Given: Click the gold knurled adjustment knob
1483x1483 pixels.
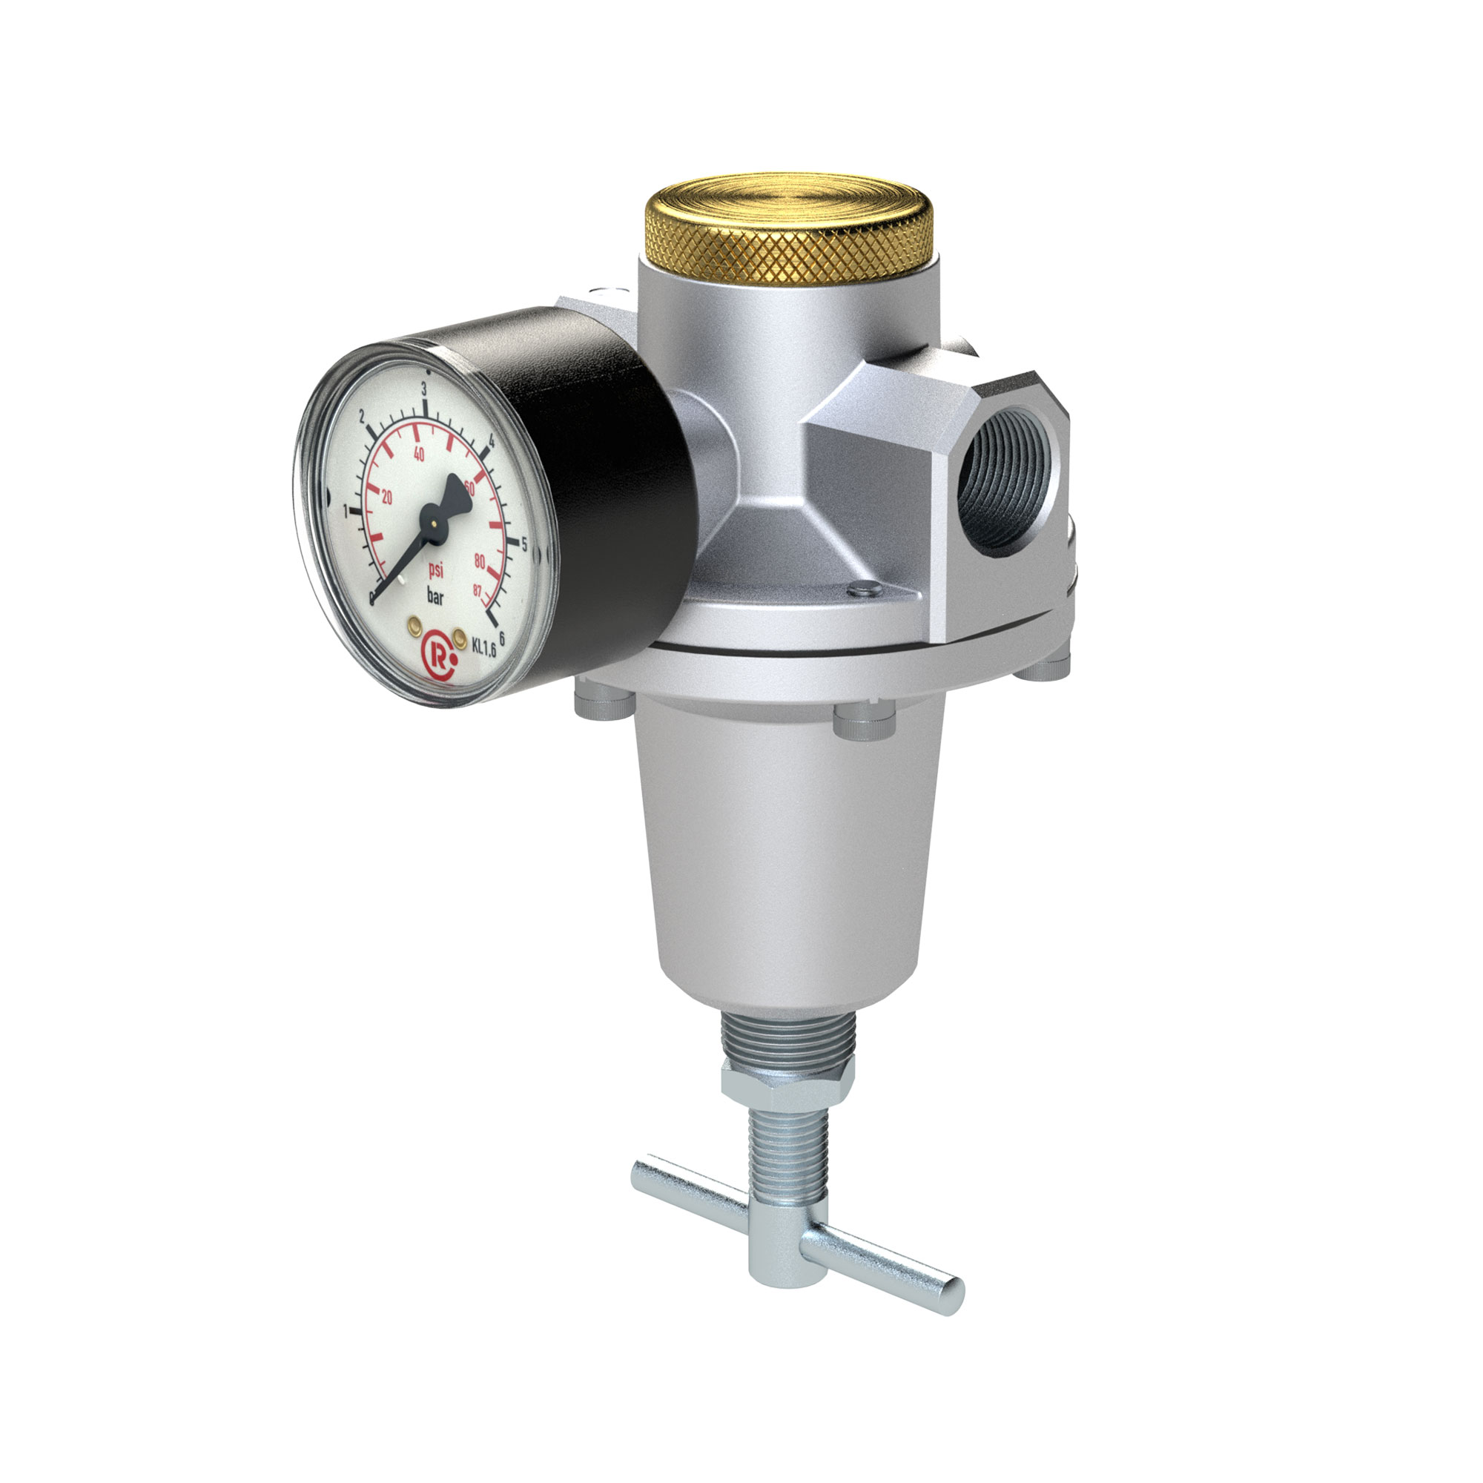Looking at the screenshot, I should coord(788,231).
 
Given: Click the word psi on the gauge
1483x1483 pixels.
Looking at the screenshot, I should coord(436,569).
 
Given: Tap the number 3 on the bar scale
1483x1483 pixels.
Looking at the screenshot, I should coord(423,389).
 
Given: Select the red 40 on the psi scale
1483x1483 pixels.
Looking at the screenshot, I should coord(418,454).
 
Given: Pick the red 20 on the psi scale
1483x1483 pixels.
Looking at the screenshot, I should coord(386,498).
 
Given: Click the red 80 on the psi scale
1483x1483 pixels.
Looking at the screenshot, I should coord(480,561).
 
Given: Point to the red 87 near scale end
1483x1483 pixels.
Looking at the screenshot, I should coord(478,589).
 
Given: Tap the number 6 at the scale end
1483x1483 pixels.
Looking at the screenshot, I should coord(501,636).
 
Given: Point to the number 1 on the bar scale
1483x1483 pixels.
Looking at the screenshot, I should coord(346,509).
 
